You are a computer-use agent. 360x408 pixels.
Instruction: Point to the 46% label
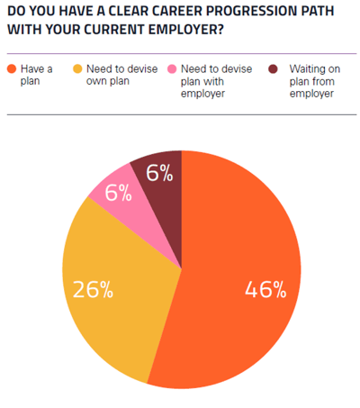pyautogui.click(x=265, y=289)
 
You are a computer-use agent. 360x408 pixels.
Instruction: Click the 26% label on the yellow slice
pyautogui.click(x=93, y=289)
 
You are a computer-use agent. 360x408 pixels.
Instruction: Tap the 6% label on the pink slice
pyautogui.click(x=118, y=193)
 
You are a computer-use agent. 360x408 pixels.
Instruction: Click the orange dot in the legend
pyautogui.click(x=11, y=69)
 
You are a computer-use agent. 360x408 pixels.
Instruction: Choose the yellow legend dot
pyautogui.click(x=78, y=69)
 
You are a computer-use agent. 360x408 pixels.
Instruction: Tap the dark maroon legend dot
pyautogui.click(x=273, y=69)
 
